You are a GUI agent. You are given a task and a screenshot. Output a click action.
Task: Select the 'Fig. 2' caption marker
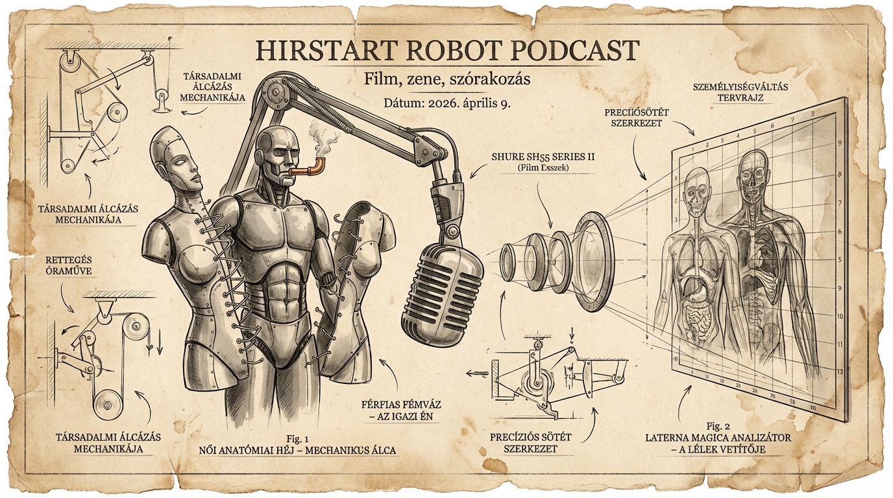(x=718, y=426)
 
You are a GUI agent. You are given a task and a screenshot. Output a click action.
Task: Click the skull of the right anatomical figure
(x=755, y=170)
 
